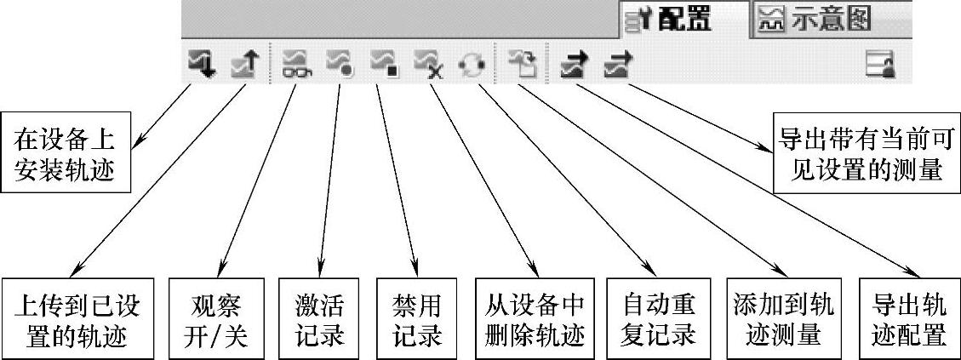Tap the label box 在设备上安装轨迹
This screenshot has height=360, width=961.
click(65, 155)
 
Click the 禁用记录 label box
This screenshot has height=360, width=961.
click(417, 318)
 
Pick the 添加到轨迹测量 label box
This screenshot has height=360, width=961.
click(782, 318)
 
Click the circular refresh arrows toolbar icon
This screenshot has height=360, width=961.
click(471, 64)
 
